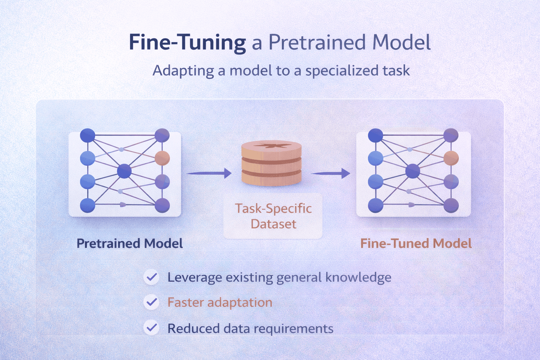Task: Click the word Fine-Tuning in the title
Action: (x=187, y=43)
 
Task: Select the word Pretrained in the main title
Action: (x=317, y=43)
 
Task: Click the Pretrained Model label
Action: (x=130, y=243)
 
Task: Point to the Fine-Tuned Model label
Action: (x=416, y=243)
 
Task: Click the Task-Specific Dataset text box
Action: (x=273, y=216)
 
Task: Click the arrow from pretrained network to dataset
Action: (x=209, y=173)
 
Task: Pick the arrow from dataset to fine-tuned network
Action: (x=330, y=173)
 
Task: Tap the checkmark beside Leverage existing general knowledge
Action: (x=152, y=277)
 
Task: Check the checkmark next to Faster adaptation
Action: (x=152, y=302)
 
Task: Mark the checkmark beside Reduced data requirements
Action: (x=152, y=328)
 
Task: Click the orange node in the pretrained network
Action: (x=162, y=158)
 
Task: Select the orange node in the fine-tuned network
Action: (x=451, y=158)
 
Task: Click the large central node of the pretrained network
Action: (x=124, y=171)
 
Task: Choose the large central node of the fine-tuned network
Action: (x=413, y=171)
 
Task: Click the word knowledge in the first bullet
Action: (x=358, y=277)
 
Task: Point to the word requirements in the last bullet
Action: (x=293, y=329)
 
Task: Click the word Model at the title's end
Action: (x=401, y=43)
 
